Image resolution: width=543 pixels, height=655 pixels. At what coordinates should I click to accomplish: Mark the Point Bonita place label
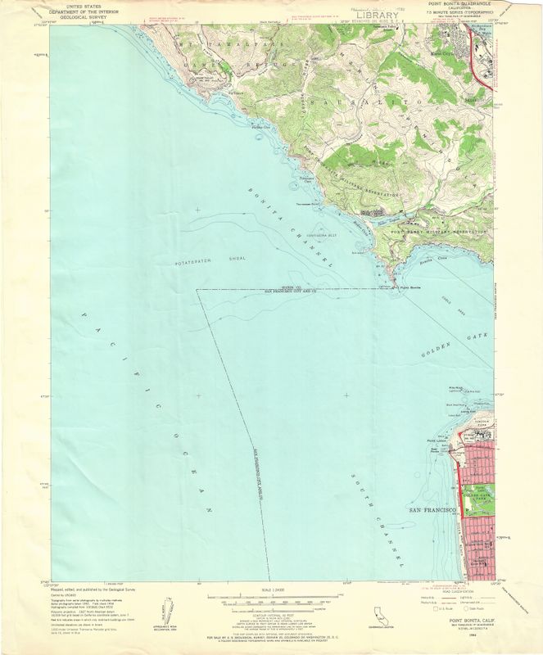tap(409, 287)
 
